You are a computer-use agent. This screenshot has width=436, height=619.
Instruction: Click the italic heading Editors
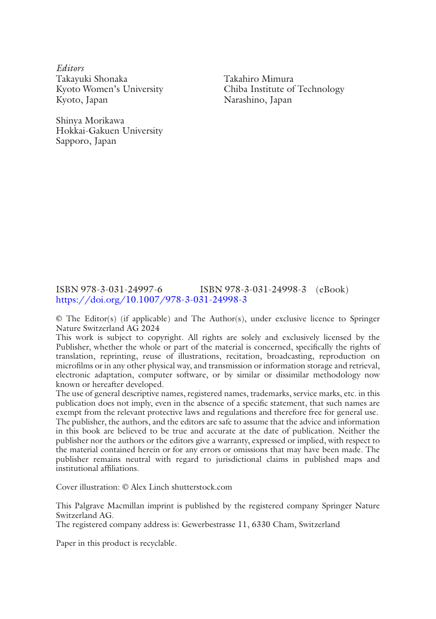click(x=70, y=68)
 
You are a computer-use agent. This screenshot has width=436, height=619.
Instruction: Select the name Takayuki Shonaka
click(x=91, y=79)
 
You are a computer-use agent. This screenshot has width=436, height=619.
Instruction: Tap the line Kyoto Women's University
click(x=110, y=89)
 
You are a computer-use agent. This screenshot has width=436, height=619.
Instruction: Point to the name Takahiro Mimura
click(x=259, y=79)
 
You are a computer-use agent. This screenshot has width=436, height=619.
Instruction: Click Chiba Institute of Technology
click(x=284, y=89)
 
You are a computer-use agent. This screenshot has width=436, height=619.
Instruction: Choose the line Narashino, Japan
click(x=258, y=99)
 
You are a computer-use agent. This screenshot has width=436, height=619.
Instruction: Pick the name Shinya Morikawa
click(x=90, y=121)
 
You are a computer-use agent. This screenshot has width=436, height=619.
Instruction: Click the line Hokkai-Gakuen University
click(x=109, y=131)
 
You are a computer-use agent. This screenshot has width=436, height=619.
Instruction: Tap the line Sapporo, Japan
click(x=85, y=141)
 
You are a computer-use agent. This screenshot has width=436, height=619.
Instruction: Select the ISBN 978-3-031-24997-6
click(x=109, y=290)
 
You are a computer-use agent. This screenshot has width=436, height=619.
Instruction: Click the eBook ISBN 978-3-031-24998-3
click(x=253, y=290)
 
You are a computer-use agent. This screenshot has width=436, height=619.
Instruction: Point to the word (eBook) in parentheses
click(x=332, y=290)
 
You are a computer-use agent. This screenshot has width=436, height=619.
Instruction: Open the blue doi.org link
click(x=151, y=300)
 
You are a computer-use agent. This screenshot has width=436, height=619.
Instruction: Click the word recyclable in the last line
click(x=158, y=543)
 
